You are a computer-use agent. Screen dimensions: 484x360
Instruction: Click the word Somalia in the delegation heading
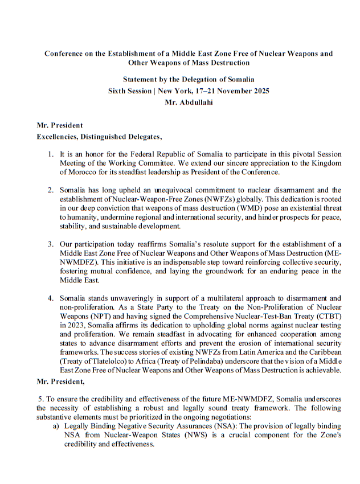pos(238,79)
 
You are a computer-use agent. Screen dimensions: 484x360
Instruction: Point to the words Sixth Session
pos(129,91)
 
